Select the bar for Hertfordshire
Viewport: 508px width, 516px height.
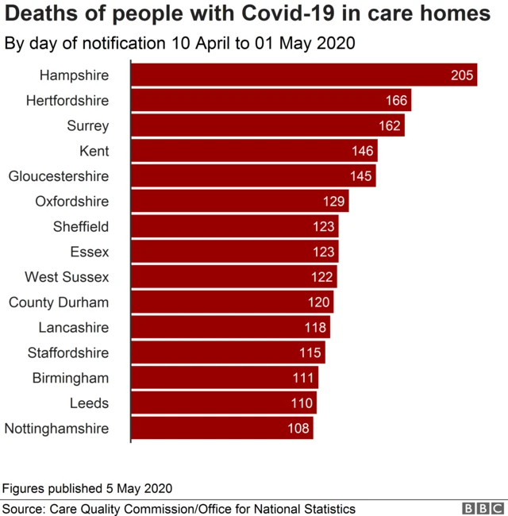click(x=270, y=101)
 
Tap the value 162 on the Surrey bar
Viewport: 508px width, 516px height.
click(x=391, y=126)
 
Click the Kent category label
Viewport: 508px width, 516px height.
click(x=94, y=151)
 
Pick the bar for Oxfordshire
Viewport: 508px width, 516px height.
click(x=239, y=202)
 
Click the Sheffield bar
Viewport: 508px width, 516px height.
click(x=234, y=226)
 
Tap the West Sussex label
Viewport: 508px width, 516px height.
click(x=67, y=277)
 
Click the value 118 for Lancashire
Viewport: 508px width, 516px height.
click(x=317, y=328)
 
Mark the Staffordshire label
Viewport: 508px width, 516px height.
click(x=68, y=352)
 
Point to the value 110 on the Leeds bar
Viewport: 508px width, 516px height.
click(x=302, y=403)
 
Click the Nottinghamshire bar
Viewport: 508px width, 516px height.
click(x=221, y=429)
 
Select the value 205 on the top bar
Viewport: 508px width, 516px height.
click(x=462, y=76)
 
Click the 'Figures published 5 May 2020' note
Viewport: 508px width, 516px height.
click(x=87, y=487)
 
